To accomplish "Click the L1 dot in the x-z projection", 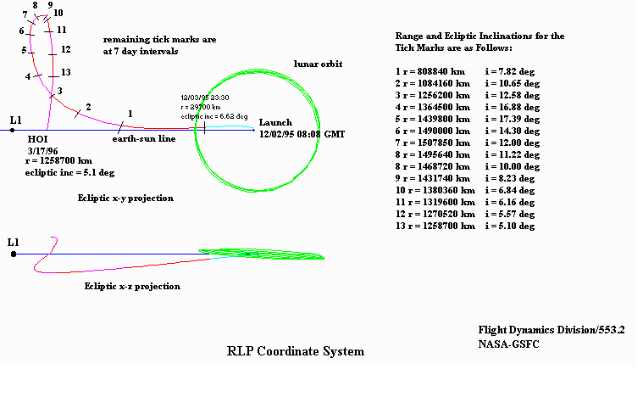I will click(x=14, y=253).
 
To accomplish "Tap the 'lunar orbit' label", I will click(x=318, y=64).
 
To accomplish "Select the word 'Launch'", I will click(x=275, y=123).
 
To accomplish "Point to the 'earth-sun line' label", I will click(x=145, y=138).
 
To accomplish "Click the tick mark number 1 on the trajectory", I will click(x=124, y=126).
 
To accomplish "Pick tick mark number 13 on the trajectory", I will click(x=53, y=74).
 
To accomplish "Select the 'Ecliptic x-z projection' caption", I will click(x=132, y=287).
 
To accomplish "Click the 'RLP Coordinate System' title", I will click(x=296, y=351).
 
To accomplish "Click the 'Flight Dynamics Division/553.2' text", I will click(x=551, y=328).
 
